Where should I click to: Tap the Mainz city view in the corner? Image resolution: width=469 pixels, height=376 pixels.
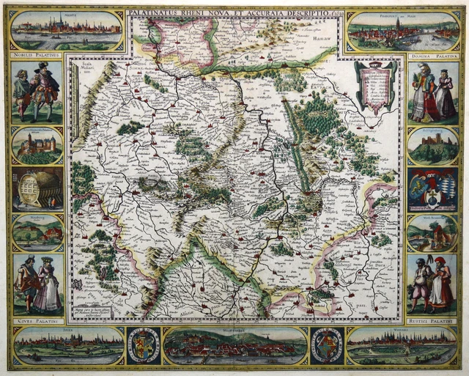coord(67,29)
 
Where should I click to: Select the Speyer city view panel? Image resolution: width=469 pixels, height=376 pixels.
coord(68,346)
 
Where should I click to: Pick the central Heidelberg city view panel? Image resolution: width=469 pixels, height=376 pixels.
coord(234,346)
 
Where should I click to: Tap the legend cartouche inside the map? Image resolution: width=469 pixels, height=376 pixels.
coord(375,86)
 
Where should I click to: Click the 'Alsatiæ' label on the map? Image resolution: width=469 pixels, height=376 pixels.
coord(178,312)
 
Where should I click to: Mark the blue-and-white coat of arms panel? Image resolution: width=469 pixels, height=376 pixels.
coord(432,189)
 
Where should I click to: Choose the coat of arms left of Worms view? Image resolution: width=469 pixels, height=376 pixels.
coord(327,345)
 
